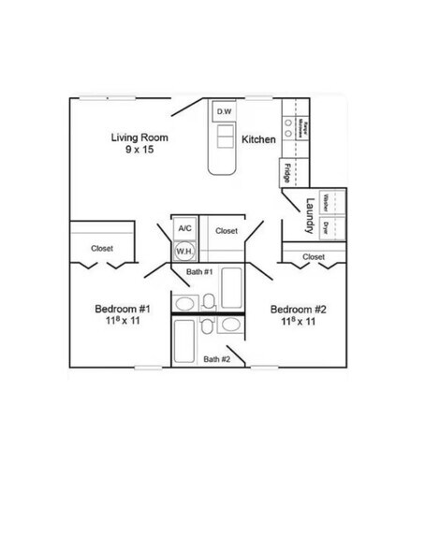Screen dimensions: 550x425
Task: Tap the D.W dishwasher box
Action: pos(225,113)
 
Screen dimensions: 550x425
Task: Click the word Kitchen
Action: pos(257,139)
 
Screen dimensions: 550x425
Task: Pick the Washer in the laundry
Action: pos(325,201)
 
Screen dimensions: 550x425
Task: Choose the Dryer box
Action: pos(325,225)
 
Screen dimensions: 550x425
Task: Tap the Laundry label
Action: pos(305,214)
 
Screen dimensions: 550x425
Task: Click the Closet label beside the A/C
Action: pos(227,231)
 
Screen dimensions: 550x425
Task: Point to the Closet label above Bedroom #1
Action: pos(102,248)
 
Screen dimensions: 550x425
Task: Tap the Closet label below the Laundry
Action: pos(314,255)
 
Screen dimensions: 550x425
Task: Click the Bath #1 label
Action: pos(199,271)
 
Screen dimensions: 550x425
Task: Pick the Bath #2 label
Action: pos(217,358)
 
